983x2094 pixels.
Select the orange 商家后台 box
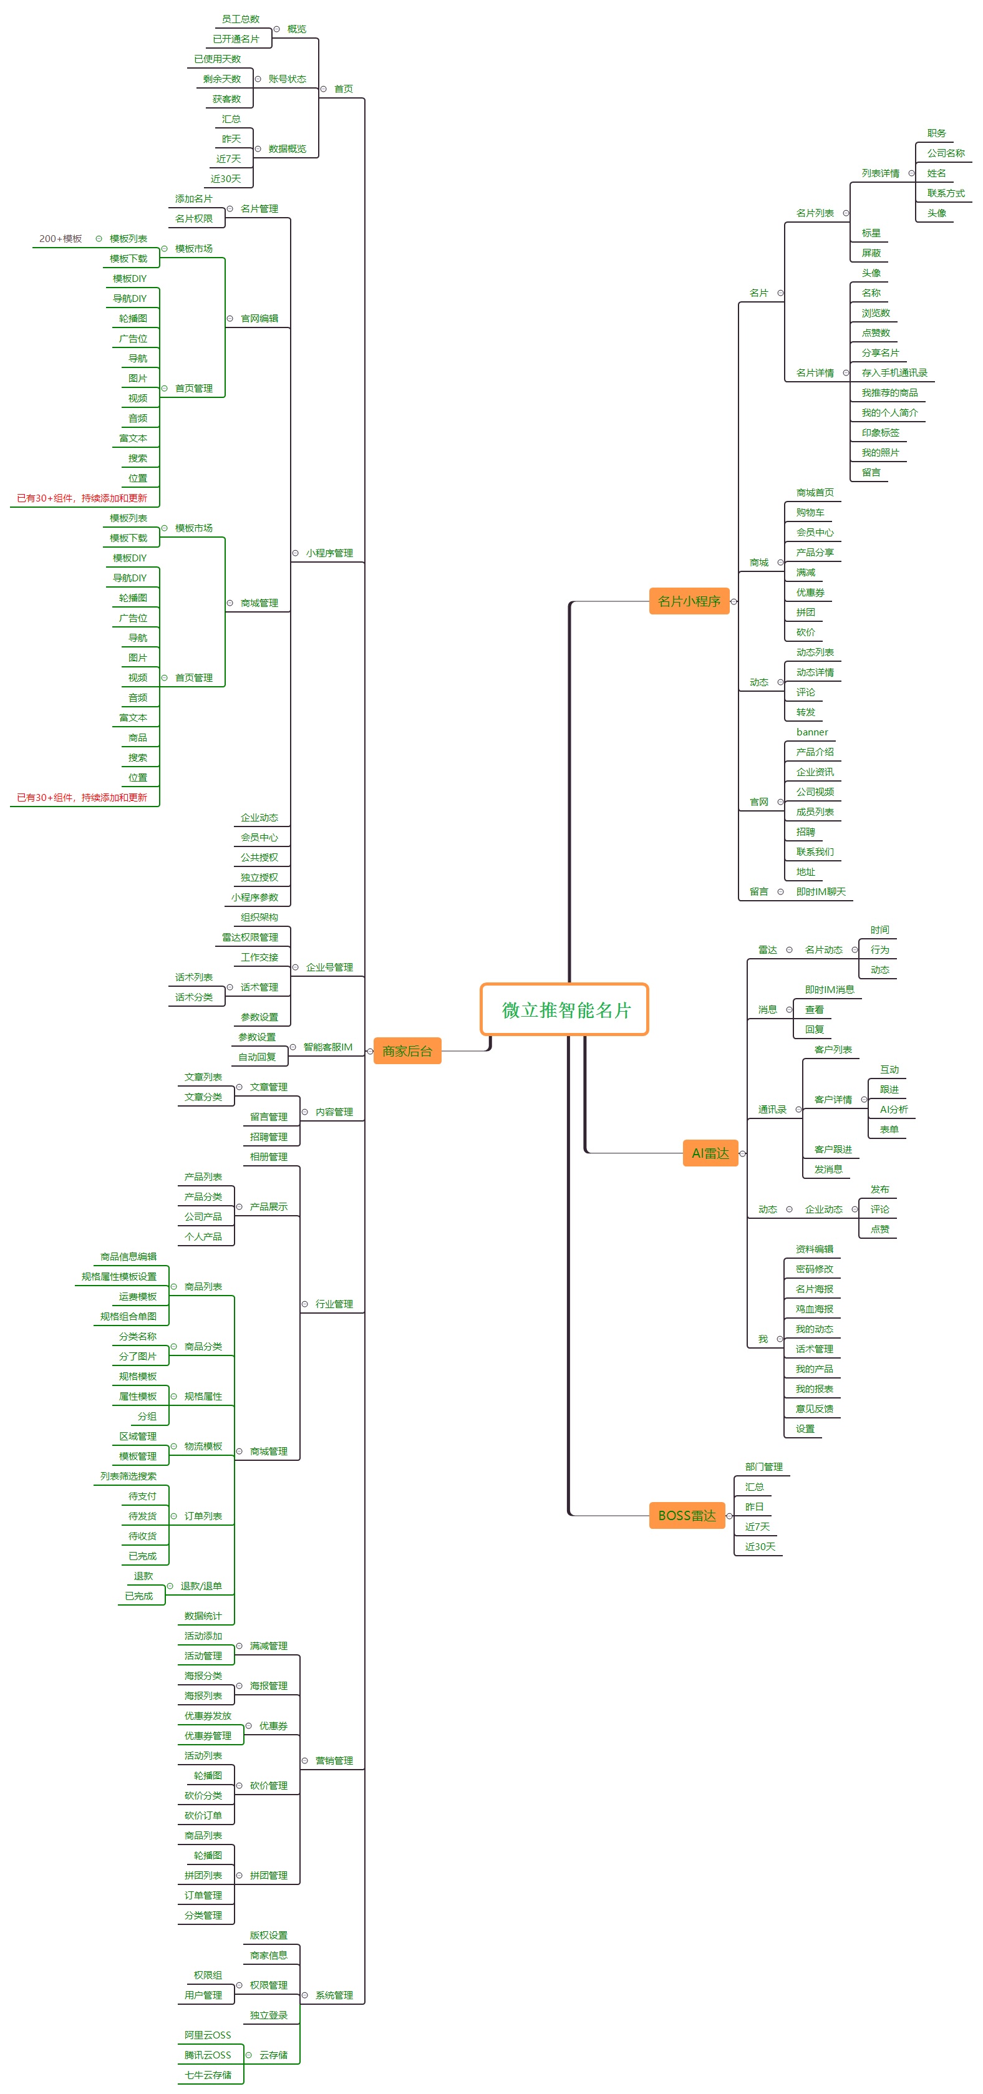coord(407,1051)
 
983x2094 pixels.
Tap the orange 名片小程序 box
coord(689,601)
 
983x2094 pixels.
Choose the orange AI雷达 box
coord(710,1153)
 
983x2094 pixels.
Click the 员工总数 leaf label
coord(241,19)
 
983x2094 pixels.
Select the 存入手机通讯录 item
coord(894,373)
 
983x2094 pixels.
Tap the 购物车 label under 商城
coord(810,513)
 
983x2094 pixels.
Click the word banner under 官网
coord(812,732)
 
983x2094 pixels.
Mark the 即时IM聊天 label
coord(821,892)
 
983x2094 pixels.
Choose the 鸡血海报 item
coord(814,1309)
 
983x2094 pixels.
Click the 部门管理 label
coord(763,1466)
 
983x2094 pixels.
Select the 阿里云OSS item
coord(207,2035)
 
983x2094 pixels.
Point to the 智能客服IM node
coord(327,1047)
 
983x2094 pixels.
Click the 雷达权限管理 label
coord(249,938)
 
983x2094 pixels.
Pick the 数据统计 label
coord(203,1616)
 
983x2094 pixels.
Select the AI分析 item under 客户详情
coord(894,1110)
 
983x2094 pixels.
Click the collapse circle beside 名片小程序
coord(734,601)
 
